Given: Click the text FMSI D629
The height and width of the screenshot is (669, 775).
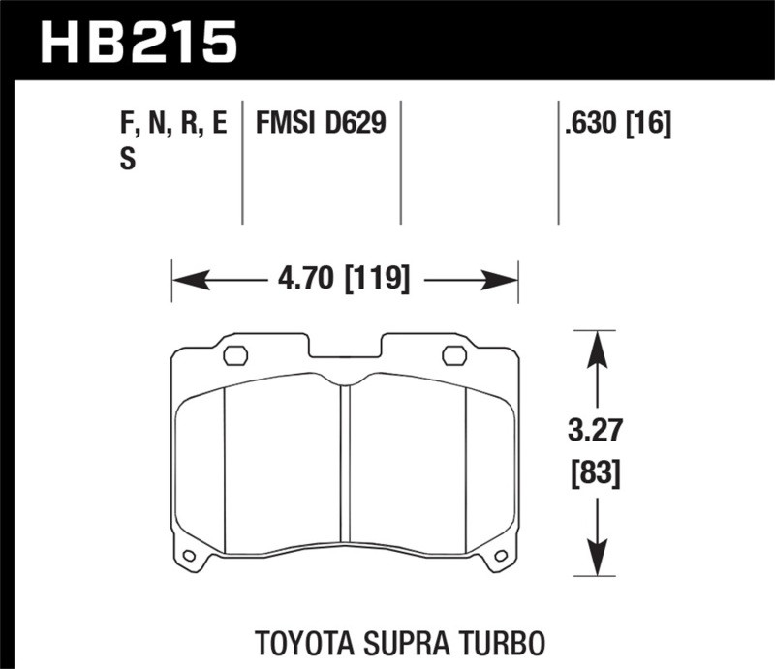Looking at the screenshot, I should (x=320, y=123).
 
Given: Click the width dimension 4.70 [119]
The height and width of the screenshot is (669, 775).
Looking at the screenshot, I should (x=345, y=281).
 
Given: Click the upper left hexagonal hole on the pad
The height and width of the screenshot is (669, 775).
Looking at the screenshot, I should (x=235, y=355).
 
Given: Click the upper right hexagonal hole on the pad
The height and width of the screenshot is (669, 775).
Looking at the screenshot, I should (x=454, y=355).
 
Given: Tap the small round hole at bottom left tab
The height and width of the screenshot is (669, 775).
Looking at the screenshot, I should (x=189, y=556).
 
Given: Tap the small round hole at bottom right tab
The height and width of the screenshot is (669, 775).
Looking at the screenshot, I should (x=501, y=556).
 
